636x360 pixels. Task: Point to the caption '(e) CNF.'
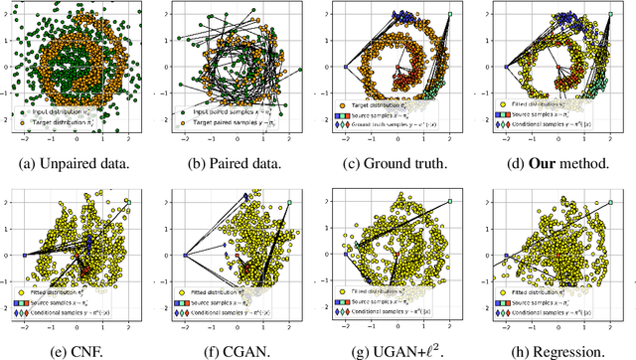click(x=80, y=350)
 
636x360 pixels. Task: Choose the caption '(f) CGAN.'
click(x=239, y=350)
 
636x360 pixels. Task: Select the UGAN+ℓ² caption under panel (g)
click(x=397, y=350)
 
